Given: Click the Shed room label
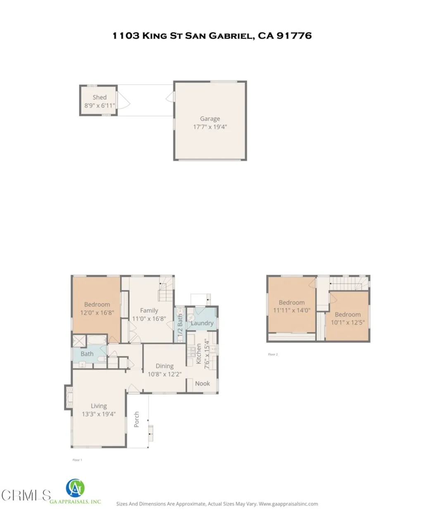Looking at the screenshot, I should (100, 98).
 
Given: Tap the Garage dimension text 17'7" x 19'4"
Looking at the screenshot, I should (210, 127).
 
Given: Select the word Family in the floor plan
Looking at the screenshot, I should (149, 310).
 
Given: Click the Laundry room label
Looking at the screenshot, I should (202, 323).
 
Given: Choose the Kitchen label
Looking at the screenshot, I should (199, 354).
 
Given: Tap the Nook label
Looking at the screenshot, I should (202, 383).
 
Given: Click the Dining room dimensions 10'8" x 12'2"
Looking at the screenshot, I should (164, 374).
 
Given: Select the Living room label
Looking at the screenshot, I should (99, 406).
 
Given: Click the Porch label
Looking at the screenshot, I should (137, 419).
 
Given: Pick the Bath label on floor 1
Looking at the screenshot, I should (87, 354).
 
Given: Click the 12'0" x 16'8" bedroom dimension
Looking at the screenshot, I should (97, 313).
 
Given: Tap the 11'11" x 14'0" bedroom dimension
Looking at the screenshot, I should (292, 310).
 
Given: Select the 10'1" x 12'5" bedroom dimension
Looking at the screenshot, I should (348, 322).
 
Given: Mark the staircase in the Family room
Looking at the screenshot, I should (165, 290).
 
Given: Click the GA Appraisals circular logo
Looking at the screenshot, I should (75, 488).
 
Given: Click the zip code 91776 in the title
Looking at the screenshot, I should (294, 36).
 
